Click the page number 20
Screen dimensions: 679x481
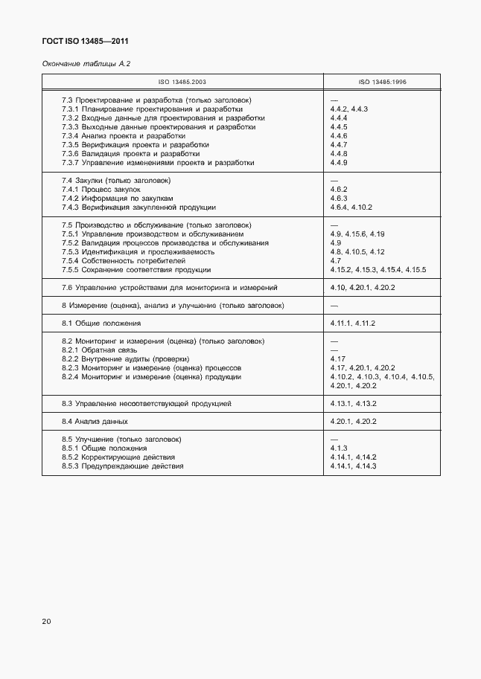click(47, 622)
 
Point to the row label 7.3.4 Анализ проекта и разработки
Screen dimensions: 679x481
click(124, 136)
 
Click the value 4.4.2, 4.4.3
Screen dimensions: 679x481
click(349, 109)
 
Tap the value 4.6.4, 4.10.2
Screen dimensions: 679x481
click(351, 207)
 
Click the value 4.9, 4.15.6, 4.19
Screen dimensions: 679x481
click(357, 234)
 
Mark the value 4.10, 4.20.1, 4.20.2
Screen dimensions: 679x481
click(363, 288)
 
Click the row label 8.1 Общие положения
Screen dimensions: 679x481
click(101, 324)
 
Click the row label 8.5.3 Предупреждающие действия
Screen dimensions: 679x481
click(123, 466)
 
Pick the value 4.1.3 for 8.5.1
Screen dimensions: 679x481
click(340, 448)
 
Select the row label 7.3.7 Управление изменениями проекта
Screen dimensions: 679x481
click(158, 163)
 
